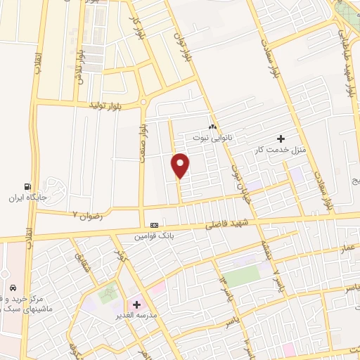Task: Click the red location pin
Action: [181, 165]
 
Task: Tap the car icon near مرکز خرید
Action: [13, 288]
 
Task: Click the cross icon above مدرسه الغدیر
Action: [136, 304]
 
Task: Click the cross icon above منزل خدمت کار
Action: [281, 139]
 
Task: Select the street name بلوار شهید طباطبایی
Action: [349, 67]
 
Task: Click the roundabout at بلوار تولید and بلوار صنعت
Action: [144, 101]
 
